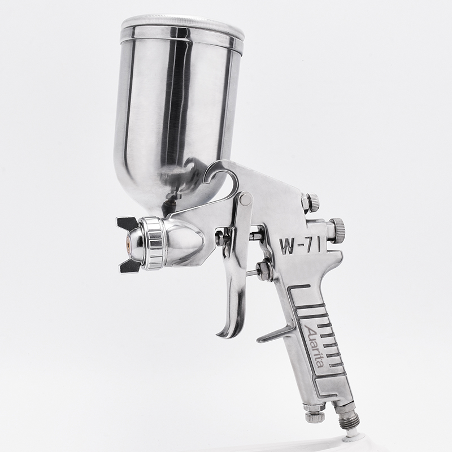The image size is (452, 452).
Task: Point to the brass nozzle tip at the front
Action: pos(127,245)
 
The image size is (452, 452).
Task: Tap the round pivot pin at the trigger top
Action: pos(246,199)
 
